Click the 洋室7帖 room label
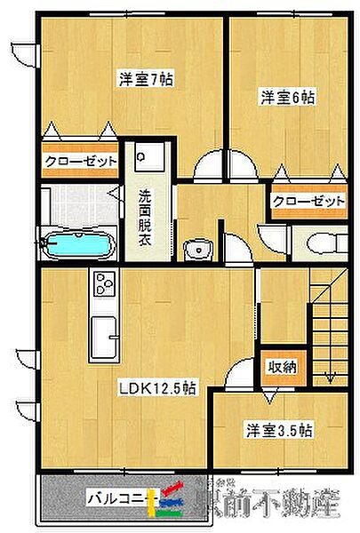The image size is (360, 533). pos(147,79)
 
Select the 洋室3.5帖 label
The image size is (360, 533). pos(279,431)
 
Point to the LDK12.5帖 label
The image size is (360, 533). pos(159,387)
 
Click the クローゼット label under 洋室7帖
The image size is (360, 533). pos(82,162)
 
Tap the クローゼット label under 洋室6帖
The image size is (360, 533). pos(309,202)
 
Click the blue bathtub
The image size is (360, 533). pos(79,243)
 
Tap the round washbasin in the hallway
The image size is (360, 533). pos(194,250)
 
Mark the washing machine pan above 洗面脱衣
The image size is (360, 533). pos(143,159)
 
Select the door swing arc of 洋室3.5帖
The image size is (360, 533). pos(236,378)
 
